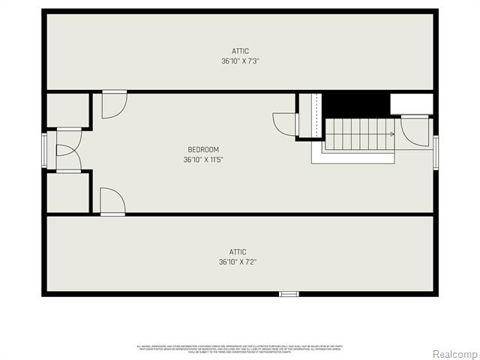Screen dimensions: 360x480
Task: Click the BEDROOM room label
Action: pyautogui.click(x=203, y=149)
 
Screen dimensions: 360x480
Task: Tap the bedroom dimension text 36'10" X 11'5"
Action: pyautogui.click(x=203, y=159)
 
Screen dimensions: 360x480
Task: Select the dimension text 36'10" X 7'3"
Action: pyautogui.click(x=240, y=61)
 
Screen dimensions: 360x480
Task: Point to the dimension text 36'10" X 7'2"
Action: pyautogui.click(x=238, y=262)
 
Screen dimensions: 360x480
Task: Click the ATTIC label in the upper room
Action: pyautogui.click(x=240, y=51)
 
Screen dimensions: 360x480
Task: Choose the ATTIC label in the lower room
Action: pyautogui.click(x=238, y=252)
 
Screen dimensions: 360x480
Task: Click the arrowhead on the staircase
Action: pyautogui.click(x=391, y=134)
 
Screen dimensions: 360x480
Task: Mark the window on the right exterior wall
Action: pyautogui.click(x=436, y=153)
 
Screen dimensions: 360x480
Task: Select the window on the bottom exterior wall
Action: pyautogui.click(x=289, y=293)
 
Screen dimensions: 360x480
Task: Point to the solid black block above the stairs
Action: pyautogui.click(x=355, y=103)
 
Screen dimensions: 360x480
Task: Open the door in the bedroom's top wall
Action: pyautogui.click(x=114, y=104)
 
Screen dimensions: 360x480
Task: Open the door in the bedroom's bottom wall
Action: pyautogui.click(x=112, y=201)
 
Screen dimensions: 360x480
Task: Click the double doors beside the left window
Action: pyautogui.click(x=68, y=151)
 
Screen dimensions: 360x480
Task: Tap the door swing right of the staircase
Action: pyautogui.click(x=414, y=130)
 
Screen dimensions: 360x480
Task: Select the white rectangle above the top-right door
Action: pyautogui.click(x=410, y=103)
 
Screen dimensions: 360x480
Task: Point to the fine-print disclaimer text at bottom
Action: pyautogui.click(x=240, y=349)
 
